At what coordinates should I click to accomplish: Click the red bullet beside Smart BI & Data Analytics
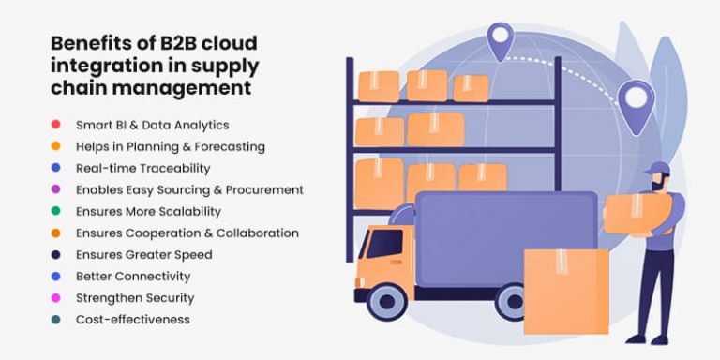pos(56,125)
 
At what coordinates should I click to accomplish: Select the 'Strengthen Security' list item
pos(135,298)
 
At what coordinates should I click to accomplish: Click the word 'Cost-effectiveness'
pos(133,320)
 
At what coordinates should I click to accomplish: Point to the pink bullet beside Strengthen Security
pos(56,298)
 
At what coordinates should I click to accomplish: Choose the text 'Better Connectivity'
pos(133,277)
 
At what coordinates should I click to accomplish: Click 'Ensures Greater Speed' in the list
pos(144,254)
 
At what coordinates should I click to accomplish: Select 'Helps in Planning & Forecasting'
pos(171,146)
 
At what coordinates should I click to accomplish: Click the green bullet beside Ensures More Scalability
pos(56,211)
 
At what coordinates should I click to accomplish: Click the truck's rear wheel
pos(512,302)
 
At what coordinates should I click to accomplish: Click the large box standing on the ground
pos(565,292)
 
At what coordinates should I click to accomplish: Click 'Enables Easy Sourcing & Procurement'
pos(189,189)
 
